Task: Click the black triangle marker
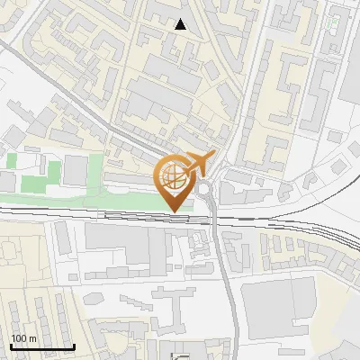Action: pyautogui.click(x=182, y=25)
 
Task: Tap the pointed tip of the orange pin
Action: pyautogui.click(x=174, y=212)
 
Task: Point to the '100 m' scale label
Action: pyautogui.click(x=23, y=337)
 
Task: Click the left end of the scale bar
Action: pyautogui.click(x=10, y=346)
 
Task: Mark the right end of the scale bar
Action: pyautogui.click(x=74, y=346)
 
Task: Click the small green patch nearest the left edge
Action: pyautogui.click(x=11, y=162)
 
